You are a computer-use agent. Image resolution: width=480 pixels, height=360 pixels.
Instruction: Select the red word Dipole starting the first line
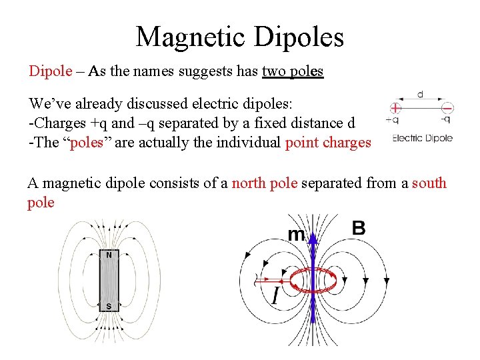click(50, 71)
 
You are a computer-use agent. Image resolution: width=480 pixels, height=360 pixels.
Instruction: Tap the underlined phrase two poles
click(293, 71)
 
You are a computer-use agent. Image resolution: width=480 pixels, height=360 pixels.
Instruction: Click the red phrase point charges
click(328, 142)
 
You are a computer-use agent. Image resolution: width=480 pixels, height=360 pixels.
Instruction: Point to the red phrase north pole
click(265, 183)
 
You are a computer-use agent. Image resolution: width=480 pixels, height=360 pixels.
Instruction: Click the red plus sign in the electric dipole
click(396, 107)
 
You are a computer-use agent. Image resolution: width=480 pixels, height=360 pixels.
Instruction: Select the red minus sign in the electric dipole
click(447, 107)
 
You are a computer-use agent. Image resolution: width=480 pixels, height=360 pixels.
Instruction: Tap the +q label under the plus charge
click(393, 120)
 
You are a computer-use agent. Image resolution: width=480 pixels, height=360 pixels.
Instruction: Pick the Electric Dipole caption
click(423, 138)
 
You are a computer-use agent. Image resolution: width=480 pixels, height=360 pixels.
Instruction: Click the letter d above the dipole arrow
click(420, 95)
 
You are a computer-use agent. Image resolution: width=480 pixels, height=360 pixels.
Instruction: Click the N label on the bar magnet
click(109, 255)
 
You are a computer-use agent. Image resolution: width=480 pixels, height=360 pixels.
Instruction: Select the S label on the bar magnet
click(109, 307)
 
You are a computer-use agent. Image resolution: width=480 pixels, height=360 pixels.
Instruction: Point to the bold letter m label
click(295, 234)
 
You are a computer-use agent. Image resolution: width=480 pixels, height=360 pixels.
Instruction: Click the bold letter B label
click(358, 229)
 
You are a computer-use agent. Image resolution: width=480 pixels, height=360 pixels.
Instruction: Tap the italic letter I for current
click(274, 295)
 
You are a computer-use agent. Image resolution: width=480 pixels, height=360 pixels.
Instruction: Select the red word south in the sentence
click(429, 183)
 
